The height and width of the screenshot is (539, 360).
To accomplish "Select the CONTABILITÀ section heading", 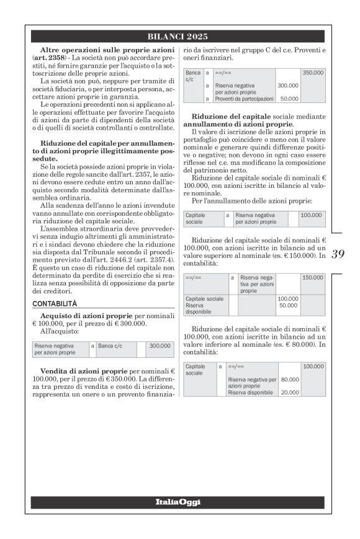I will pyautogui.click(x=55, y=304).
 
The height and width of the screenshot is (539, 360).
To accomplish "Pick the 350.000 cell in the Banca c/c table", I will pyautogui.click(x=313, y=73).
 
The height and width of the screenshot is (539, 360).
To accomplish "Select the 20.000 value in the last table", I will pyautogui.click(x=290, y=392).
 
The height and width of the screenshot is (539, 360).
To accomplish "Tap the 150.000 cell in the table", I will pyautogui.click(x=313, y=278).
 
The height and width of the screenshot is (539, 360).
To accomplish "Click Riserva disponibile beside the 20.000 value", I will pyautogui.click(x=250, y=392).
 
